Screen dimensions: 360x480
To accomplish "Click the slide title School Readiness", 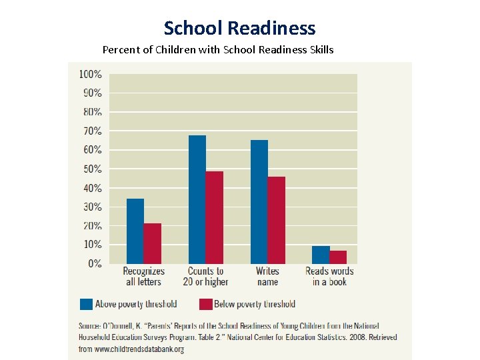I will coord(239,28).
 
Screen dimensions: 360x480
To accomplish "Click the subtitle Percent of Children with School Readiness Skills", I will coord(218,50).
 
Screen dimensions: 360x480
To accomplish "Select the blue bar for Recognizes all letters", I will coord(135,231).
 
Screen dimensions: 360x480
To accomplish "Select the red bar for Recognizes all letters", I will coord(153,243).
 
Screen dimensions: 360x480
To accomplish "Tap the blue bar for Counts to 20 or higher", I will coord(197,199).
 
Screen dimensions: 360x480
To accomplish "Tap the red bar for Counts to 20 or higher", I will coord(215,217).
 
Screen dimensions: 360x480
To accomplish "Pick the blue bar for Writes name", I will coord(259,201).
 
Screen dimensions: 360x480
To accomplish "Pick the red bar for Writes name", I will coord(277,220).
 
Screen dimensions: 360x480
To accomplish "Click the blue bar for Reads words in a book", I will coord(321,255).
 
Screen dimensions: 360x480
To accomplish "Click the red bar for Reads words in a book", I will coord(338,257).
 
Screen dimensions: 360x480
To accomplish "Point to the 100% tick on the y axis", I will coord(91,74).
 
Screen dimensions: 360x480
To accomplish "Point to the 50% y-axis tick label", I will coord(92,169).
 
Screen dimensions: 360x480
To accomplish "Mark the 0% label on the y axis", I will coord(95,264).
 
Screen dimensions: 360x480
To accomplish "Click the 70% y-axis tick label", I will coord(92,131).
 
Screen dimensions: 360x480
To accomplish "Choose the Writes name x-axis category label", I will coord(267,277).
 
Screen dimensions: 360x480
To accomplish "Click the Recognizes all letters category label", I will coord(143,277).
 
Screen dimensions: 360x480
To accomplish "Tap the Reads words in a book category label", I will coord(329,277).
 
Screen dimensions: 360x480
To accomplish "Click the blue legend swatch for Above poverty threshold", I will coord(87,304).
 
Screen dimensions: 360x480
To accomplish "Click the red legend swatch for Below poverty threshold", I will coord(205,304).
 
